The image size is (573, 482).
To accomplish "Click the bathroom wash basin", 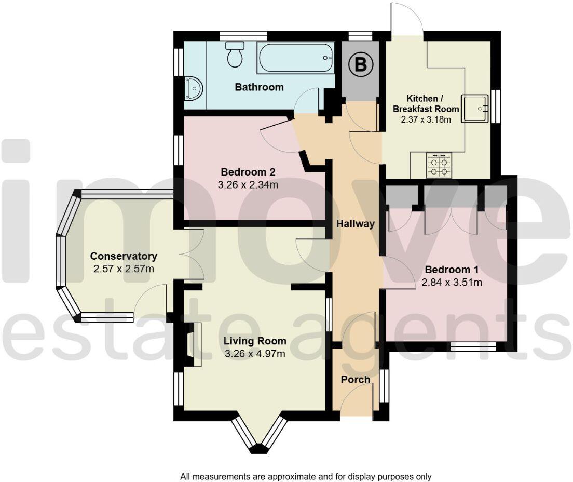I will tap(194, 88).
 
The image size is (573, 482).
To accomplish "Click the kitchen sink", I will tap(475, 109).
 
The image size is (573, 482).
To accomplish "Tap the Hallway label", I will tap(356, 224).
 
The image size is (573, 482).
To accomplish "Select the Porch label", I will tap(356, 380).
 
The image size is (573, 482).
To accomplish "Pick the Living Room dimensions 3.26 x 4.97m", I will tap(255, 354).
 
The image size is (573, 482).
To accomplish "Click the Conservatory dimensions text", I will tap(124, 269).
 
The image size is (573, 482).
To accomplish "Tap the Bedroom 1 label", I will tap(451, 270).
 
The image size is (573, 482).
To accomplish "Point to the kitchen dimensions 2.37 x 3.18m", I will tap(426, 119).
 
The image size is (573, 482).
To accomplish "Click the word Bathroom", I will tap(259, 87).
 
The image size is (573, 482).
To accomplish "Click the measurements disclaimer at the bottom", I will tap(306, 476).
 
